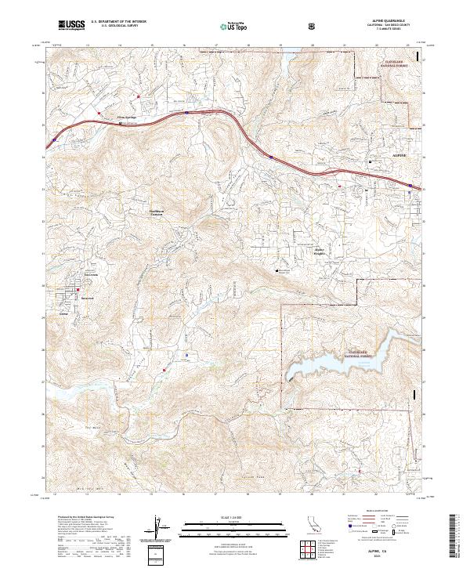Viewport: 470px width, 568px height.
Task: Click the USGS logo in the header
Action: tap(72, 26)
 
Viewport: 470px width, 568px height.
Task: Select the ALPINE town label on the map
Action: tap(399, 157)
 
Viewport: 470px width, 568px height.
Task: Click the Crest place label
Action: tap(64, 311)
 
